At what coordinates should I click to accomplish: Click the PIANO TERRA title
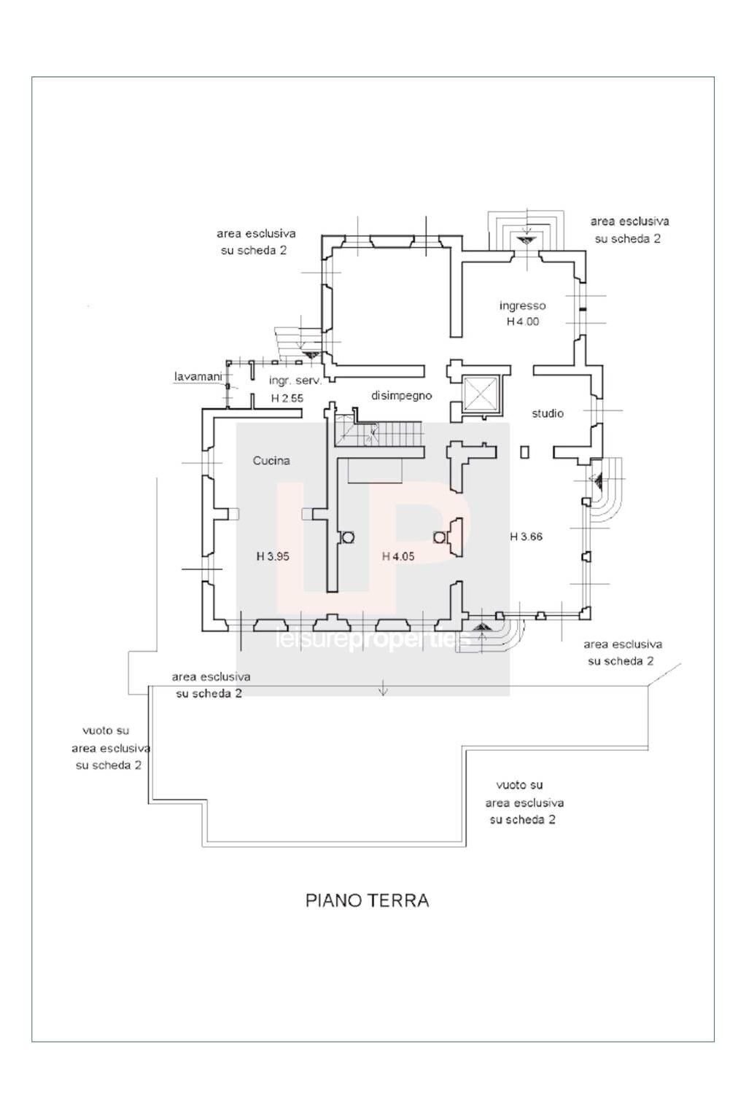pos(367,900)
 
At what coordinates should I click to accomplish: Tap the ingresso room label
pos(522,305)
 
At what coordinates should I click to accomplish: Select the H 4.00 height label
pos(522,321)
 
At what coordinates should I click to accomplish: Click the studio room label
pos(547,413)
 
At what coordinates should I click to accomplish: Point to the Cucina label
pos(271,461)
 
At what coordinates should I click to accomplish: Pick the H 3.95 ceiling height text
pos(273,556)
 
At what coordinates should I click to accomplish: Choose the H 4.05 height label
pos(398,556)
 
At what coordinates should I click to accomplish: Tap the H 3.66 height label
pos(526,537)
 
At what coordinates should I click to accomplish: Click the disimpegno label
pos(402,396)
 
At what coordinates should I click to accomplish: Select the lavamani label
pos(198,377)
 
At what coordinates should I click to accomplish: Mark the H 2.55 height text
pos(287,398)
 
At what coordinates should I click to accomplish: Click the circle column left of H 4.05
pos(348,537)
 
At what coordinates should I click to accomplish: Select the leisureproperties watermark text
pos(372,639)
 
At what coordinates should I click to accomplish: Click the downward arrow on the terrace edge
pos(384,690)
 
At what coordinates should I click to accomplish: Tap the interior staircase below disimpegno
pos(379,436)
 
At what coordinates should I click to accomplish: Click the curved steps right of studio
pos(607,487)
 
